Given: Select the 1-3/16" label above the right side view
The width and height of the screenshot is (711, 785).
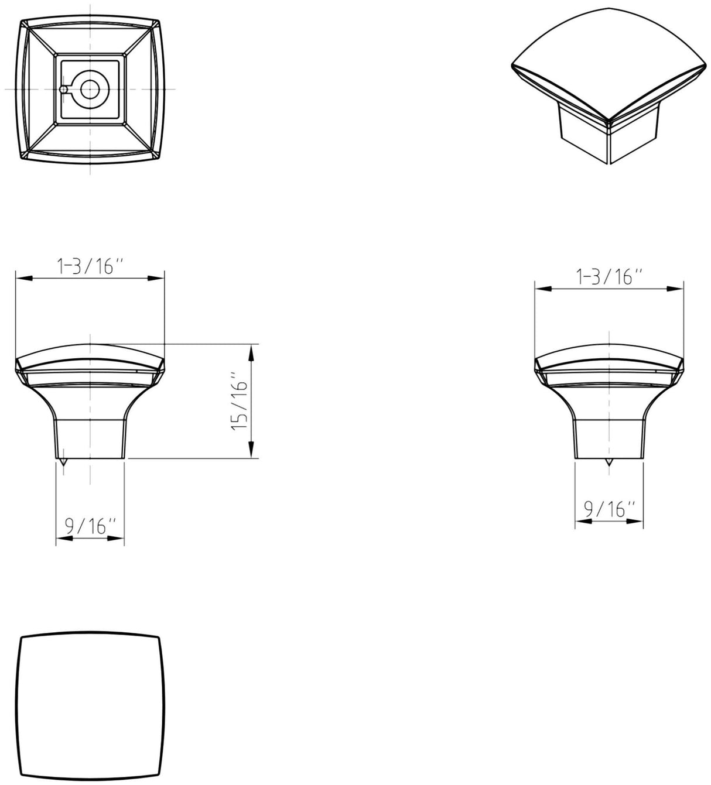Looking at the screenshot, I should (609, 276).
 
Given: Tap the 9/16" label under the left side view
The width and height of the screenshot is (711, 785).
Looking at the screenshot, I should (90, 527).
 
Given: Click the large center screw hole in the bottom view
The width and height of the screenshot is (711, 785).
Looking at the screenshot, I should (90, 90).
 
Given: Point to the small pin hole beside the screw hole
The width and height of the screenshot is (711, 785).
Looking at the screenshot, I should (63, 90).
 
